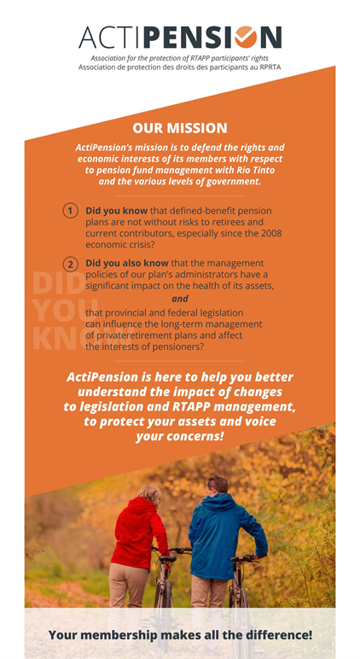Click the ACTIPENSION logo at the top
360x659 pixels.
pyautogui.click(x=179, y=37)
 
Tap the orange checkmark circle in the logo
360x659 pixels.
pyautogui.click(x=246, y=37)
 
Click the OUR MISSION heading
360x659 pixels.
pyautogui.click(x=180, y=128)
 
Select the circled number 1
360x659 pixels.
pyautogui.click(x=71, y=211)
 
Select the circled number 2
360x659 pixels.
pyautogui.click(x=71, y=264)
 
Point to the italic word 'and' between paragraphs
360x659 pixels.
pyautogui.click(x=179, y=299)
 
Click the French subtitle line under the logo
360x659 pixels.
pyautogui.click(x=179, y=67)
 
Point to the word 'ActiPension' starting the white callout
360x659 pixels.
pyautogui.click(x=107, y=377)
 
